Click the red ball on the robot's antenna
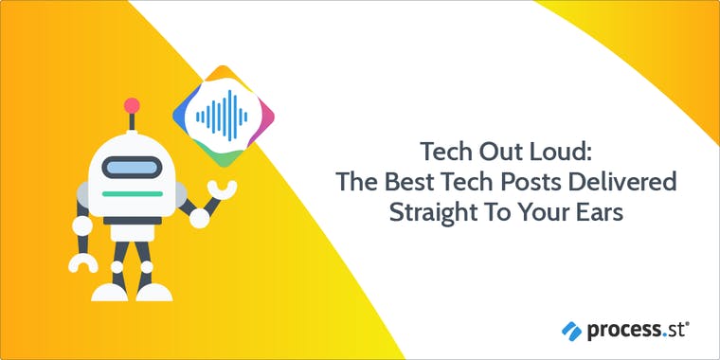coord(132,105)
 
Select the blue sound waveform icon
coord(221,117)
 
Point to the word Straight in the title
coord(429,211)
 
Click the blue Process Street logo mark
coord(571,330)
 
